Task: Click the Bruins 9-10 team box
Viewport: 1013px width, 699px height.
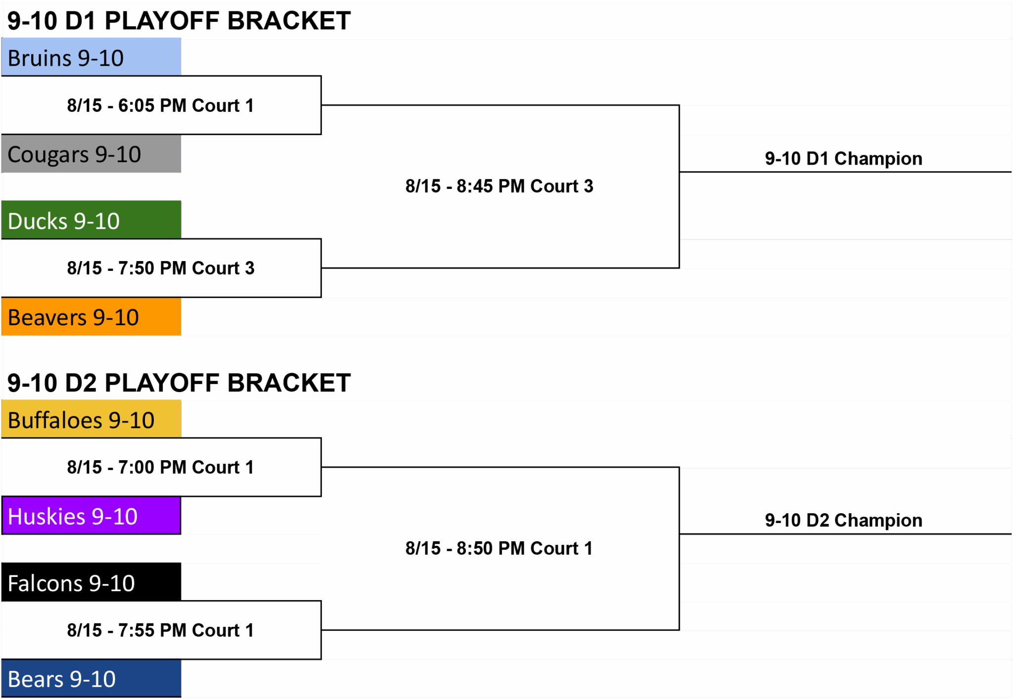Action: [x=91, y=57]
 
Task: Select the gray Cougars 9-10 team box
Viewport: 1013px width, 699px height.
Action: [x=91, y=154]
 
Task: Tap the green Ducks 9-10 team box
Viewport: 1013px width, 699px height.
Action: [x=91, y=220]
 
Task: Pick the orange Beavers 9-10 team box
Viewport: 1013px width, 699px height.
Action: [x=91, y=316]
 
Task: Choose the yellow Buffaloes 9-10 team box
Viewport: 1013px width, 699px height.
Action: [x=91, y=419]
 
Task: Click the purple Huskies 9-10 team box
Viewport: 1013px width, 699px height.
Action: [x=91, y=516]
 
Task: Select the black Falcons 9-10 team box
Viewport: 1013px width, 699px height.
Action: [x=91, y=582]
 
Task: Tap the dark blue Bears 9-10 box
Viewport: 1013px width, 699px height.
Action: [x=91, y=678]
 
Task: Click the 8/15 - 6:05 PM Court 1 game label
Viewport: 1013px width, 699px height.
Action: [x=161, y=105]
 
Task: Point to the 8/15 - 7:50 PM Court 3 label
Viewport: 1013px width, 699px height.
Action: [x=161, y=268]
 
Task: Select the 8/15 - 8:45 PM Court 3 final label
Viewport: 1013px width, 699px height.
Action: [x=499, y=186]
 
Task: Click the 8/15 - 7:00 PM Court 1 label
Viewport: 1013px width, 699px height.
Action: [x=161, y=467]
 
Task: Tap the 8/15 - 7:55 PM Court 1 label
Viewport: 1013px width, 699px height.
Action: [x=161, y=630]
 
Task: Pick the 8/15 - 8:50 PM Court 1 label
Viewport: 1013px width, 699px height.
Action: [x=499, y=548]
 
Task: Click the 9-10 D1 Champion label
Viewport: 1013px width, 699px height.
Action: [x=843, y=158]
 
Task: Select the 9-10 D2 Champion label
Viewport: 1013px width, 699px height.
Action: [x=843, y=520]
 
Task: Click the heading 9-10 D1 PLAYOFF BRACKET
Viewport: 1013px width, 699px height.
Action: [x=179, y=21]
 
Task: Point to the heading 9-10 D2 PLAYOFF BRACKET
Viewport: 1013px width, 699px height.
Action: [x=179, y=383]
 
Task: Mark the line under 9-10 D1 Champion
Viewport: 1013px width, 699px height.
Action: [x=845, y=172]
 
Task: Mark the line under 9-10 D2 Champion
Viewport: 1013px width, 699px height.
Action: [x=845, y=534]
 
